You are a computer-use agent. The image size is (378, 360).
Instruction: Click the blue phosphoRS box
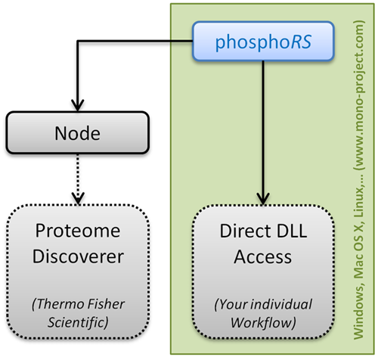click(x=263, y=42)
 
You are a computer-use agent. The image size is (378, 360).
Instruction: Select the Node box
click(x=78, y=132)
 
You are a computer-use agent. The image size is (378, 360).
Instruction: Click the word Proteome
click(x=78, y=231)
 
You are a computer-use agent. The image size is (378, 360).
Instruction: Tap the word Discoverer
click(x=78, y=256)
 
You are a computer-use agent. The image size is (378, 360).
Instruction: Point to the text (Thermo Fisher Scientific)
click(x=78, y=313)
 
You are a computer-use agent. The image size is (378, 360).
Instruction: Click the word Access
click(x=263, y=257)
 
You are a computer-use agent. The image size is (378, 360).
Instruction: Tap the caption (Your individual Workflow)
click(x=263, y=313)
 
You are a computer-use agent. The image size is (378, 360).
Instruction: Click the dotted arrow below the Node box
click(x=78, y=178)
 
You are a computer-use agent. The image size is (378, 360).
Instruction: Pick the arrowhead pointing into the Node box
click(x=78, y=105)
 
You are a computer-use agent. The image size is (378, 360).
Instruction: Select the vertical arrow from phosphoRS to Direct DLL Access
click(x=263, y=132)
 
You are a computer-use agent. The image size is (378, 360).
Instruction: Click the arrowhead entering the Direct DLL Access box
click(x=263, y=199)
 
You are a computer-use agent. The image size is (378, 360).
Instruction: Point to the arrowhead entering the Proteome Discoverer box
click(x=78, y=198)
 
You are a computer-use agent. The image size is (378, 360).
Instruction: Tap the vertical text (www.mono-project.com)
click(x=359, y=95)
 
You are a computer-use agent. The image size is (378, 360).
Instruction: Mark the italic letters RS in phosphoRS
click(x=302, y=42)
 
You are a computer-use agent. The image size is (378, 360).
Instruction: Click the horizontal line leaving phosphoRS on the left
click(x=135, y=41)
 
